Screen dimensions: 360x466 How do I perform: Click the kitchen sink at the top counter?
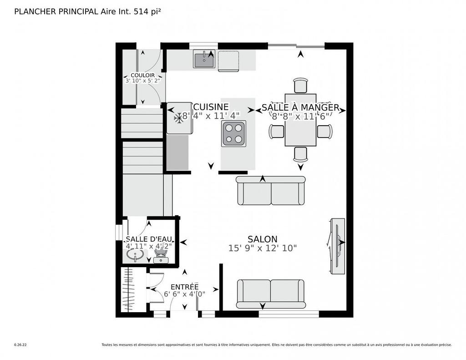(x=204, y=60)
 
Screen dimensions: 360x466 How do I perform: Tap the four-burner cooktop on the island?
(x=234, y=133)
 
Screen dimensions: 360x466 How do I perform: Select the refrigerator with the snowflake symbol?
(x=179, y=118)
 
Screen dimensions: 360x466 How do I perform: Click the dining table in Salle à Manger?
(x=300, y=120)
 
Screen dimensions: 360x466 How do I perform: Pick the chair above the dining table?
(x=300, y=86)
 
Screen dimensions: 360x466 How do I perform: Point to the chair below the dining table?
(x=300, y=154)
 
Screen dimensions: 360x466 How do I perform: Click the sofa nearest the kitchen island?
(x=271, y=191)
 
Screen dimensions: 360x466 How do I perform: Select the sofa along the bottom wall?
(x=271, y=294)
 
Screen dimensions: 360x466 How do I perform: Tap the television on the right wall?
(x=337, y=246)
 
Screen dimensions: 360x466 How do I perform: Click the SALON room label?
(x=262, y=239)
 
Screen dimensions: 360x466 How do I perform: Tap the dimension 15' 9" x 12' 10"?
(x=262, y=248)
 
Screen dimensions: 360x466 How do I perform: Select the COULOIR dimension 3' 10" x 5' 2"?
(x=143, y=81)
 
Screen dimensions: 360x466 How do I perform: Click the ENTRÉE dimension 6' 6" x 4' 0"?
(x=184, y=294)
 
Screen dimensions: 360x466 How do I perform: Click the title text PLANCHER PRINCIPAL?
(x=56, y=12)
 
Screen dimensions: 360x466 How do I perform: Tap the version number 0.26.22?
(x=20, y=345)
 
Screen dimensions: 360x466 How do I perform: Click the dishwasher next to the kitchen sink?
(x=228, y=61)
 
